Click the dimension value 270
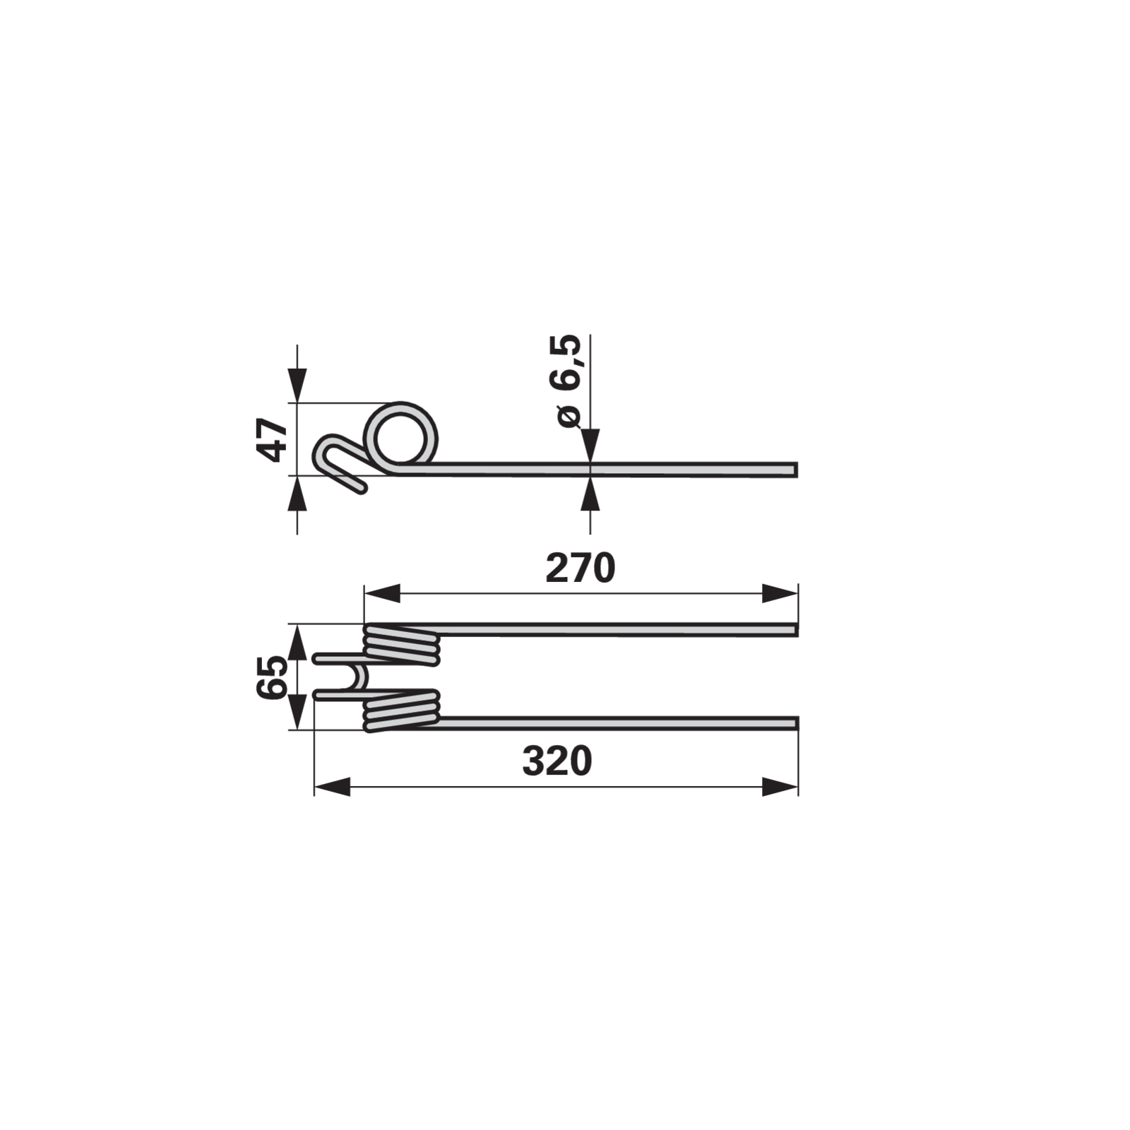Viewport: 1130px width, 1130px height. point(581,568)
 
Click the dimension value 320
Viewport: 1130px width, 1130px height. point(557,761)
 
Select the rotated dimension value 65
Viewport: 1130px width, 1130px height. point(273,677)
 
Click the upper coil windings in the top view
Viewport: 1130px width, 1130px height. point(401,644)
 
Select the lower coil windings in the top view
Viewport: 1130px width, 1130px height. point(401,710)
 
